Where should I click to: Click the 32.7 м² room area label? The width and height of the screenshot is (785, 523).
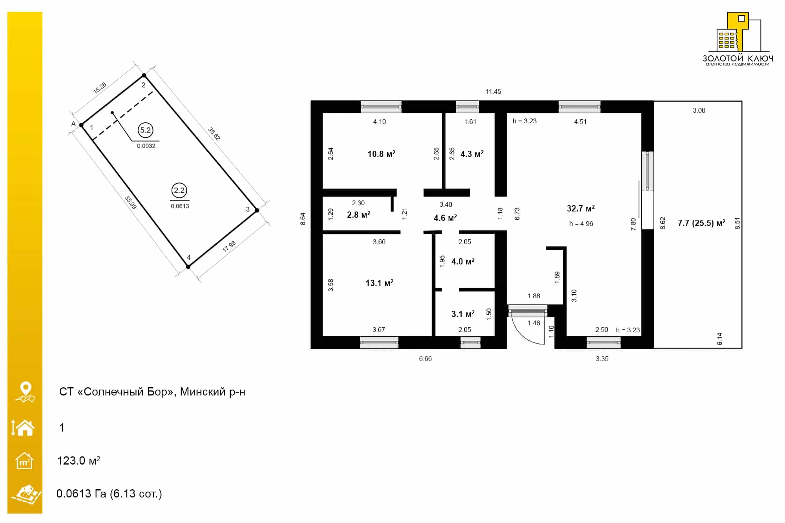coord(581,208)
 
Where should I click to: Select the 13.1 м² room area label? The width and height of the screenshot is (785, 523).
coord(379,283)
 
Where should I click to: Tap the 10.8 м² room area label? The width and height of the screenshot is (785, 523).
coord(381,154)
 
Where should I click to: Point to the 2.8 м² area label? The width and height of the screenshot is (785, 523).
coord(358,215)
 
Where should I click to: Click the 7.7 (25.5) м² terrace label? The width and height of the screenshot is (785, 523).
coord(701,223)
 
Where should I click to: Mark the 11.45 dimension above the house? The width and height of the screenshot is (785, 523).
coord(493,91)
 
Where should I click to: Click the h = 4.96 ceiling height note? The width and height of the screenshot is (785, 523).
coord(581,224)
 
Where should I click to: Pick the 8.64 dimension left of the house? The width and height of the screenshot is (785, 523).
coord(303,219)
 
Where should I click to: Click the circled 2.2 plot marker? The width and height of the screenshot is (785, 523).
coord(179,190)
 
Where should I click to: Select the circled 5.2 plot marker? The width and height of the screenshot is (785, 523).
coord(146,130)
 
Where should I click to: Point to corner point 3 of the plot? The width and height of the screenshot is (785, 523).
coord(257,210)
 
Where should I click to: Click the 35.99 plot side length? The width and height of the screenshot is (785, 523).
coord(130,202)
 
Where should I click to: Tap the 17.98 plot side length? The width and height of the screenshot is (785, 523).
coord(229,246)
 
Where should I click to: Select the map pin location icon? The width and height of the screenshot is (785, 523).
coord(26,392)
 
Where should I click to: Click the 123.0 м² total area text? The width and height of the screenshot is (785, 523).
coord(78,460)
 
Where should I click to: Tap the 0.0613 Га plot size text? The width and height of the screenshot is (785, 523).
coord(81,494)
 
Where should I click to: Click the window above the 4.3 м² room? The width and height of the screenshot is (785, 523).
coord(467,107)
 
